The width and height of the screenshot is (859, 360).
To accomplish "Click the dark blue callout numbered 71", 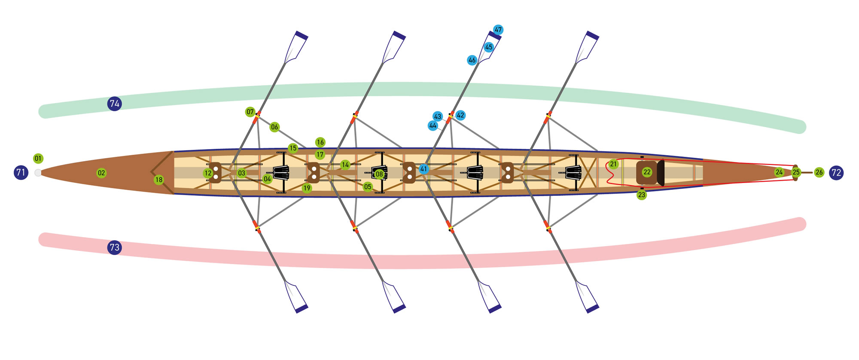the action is tap(21, 173).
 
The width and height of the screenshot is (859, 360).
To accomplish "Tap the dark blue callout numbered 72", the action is tap(836, 173).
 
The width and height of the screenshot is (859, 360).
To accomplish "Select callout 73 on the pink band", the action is tap(114, 247).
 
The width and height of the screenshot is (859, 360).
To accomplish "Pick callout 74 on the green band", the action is tap(114, 104).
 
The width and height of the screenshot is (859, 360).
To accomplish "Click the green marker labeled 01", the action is tap(38, 159).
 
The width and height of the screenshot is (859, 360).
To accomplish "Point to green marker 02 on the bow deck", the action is tap(101, 173).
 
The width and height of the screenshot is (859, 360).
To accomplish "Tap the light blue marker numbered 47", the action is tap(498, 30).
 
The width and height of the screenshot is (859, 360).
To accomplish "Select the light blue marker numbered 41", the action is tap(424, 169).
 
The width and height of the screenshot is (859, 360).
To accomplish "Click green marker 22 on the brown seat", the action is tap(647, 172).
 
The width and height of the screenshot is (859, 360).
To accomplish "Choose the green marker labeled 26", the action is tap(819, 172).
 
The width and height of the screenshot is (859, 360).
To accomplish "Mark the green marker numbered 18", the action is tap(159, 180).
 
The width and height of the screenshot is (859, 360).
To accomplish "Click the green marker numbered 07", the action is tap(250, 112).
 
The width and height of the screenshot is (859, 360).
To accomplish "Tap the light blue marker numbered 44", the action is tap(433, 126).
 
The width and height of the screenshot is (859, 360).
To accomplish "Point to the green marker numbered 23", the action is tap(642, 195).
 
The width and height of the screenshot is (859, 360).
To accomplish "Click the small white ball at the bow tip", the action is tap(38, 173).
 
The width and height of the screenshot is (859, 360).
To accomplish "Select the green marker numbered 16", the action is tap(320, 142).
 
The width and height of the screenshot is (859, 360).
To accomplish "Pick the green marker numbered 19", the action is tap(307, 188).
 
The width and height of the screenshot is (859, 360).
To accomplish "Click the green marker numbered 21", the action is tap(613, 164).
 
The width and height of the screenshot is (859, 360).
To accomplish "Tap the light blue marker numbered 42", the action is tap(460, 115).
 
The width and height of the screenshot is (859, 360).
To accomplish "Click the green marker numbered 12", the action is tap(208, 173).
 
